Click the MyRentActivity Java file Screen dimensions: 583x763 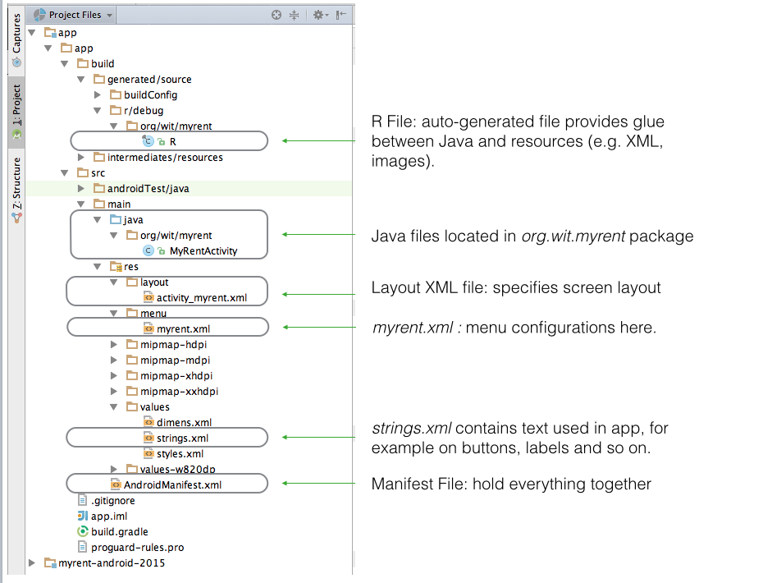(x=203, y=251)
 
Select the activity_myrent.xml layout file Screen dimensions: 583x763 (x=201, y=298)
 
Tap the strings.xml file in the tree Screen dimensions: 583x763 (x=182, y=438)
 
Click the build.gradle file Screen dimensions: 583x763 (x=119, y=531)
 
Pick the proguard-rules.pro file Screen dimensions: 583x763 (x=137, y=547)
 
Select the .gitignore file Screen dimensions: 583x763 (x=112, y=500)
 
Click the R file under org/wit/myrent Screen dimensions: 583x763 (x=172, y=141)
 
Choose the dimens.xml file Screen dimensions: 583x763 (x=184, y=422)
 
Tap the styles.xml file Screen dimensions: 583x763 (x=180, y=453)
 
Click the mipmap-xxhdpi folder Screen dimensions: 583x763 (x=178, y=391)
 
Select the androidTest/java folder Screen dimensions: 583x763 (x=148, y=188)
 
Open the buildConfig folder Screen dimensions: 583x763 (x=150, y=94)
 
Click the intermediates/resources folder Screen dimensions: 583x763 (x=164, y=157)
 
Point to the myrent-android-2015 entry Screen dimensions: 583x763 (x=111, y=562)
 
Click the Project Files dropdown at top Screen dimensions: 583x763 (x=74, y=15)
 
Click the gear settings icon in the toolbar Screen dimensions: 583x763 (x=318, y=15)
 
